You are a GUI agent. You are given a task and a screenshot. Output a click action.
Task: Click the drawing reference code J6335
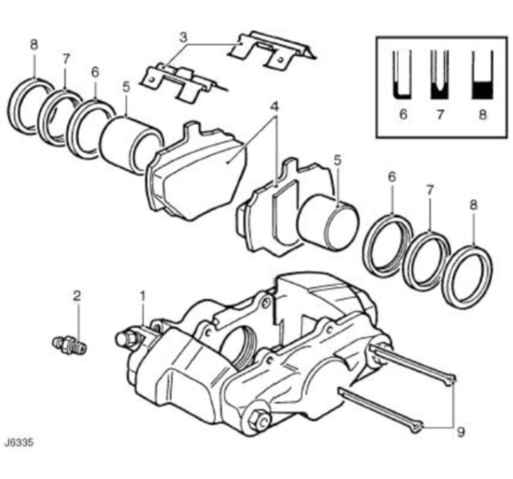coord(19,443)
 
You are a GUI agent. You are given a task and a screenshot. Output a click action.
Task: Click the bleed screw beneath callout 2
coord(69,344)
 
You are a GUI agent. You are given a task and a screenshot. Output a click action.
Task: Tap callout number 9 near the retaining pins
coord(461,432)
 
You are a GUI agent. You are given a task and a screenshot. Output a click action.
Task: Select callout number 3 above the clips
coord(184,37)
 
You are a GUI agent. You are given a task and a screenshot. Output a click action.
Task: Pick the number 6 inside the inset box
coord(403,114)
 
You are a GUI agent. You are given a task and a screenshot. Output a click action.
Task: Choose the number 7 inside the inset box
coord(440,114)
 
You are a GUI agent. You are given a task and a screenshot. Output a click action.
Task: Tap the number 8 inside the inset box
coord(482,114)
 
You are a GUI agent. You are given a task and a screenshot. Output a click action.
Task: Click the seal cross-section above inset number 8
coord(482,75)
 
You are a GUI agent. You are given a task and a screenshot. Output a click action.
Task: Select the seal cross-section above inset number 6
coord(402,75)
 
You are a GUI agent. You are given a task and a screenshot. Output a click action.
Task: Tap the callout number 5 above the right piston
coord(337,160)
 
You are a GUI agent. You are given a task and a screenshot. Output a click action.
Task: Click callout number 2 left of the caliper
coord(77,296)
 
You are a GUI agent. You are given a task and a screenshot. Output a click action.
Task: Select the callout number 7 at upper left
coord(66,59)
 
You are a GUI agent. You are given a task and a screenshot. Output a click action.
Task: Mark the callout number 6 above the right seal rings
coord(392,177)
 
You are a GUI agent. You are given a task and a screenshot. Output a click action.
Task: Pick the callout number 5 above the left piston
coord(126,87)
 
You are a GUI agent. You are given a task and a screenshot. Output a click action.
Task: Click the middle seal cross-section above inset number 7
coord(440,75)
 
